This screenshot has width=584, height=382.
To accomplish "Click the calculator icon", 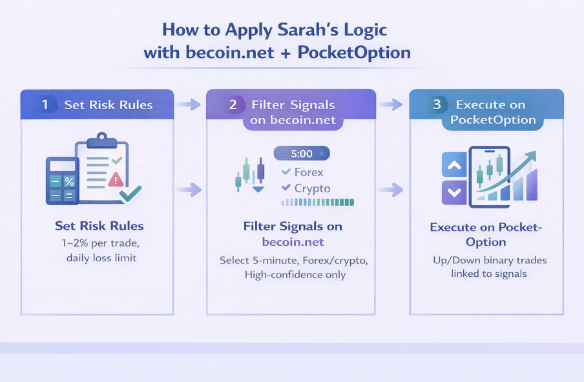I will coord(63,181).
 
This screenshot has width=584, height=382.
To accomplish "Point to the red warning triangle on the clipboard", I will coord(116,179).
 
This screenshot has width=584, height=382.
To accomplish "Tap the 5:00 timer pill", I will coord(302,154).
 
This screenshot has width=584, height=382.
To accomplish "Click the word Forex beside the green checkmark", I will coord(309,172).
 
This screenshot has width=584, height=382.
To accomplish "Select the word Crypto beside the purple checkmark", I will coord(312,188).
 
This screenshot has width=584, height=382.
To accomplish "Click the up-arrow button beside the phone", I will coord(454,166).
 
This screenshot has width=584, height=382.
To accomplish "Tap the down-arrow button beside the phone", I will coord(454,192).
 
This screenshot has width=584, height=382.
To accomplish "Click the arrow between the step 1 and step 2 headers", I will coord(189,105).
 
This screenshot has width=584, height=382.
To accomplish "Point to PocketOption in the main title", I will coord(354,52).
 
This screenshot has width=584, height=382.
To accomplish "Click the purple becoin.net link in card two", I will coord(293,242).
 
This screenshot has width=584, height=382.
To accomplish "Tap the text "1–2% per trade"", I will coord(99,243).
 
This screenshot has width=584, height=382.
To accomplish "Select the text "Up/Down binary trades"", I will coord(490,260).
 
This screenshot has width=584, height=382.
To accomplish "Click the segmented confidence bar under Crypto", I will coord(318,202).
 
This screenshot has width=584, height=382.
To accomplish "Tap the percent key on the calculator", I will coord(69,182).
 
